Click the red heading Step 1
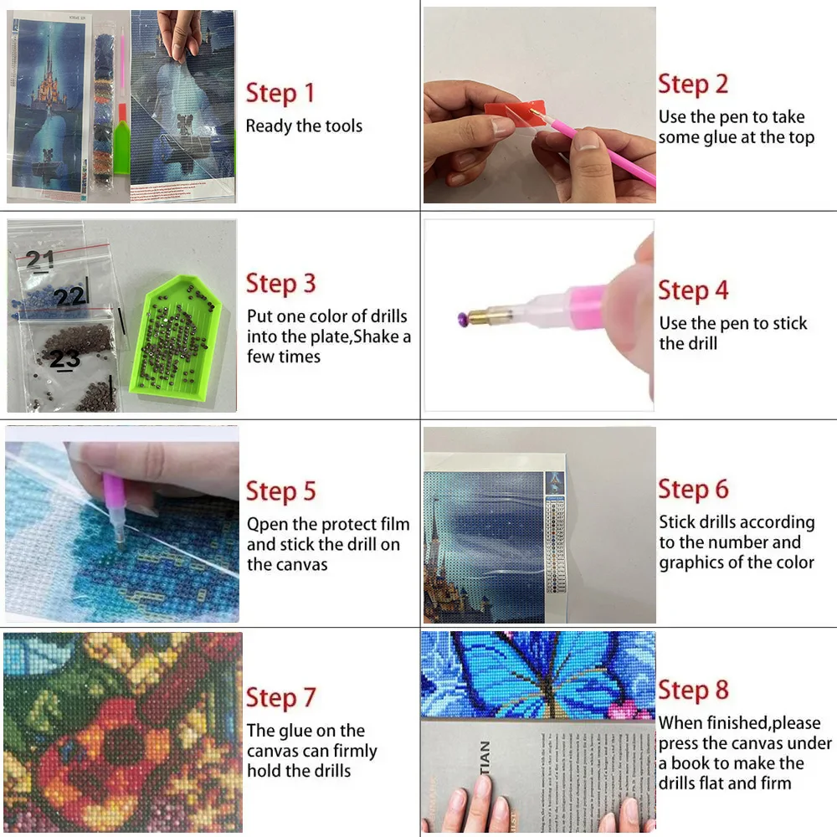point(280,93)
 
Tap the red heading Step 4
point(693,291)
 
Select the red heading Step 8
point(693,691)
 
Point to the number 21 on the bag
point(39,259)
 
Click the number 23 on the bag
point(64,359)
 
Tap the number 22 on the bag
point(70,296)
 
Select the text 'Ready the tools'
point(304,126)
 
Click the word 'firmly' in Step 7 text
point(355,751)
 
